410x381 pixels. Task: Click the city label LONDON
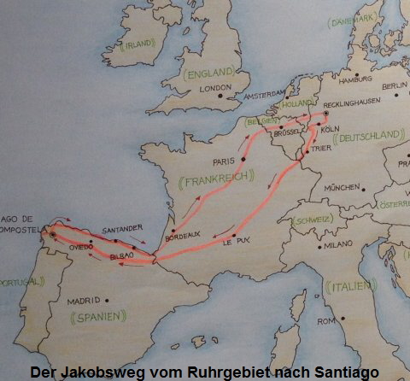(216, 88)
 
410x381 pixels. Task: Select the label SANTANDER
(119, 230)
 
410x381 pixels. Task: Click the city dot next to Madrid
(106, 299)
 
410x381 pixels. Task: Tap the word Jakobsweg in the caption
(98, 372)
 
